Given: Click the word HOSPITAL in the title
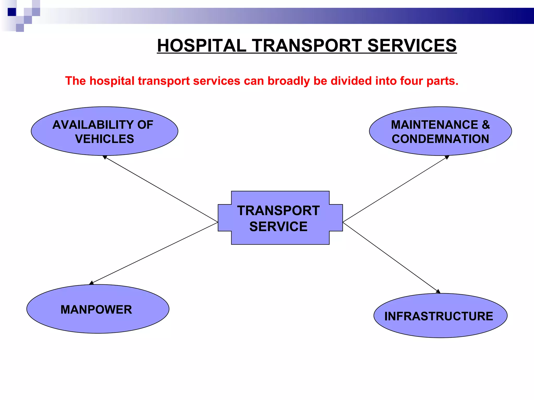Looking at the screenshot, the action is tap(202, 46).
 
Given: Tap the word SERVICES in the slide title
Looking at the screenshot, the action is tap(412, 46).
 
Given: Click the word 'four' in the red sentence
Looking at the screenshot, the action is tap(411, 81).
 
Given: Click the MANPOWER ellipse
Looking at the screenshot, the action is tap(98, 309).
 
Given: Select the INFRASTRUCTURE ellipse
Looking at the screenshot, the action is tap(440, 316).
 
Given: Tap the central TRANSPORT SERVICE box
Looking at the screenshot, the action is tap(280, 218).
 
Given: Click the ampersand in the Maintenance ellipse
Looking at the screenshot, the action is tap(486, 124).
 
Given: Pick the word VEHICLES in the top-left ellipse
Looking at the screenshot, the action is tap(105, 139).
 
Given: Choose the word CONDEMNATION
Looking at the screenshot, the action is tap(440, 139).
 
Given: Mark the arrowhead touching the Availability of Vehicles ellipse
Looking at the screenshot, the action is tap(105, 157).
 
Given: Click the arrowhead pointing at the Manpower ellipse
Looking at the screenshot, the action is tap(91, 283).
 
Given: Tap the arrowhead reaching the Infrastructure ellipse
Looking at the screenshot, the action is tap(438, 291).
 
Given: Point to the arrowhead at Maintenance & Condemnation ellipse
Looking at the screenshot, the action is tap(447, 157).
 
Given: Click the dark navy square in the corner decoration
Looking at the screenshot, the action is tap(12, 12).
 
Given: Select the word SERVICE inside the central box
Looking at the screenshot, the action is tap(278, 226).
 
